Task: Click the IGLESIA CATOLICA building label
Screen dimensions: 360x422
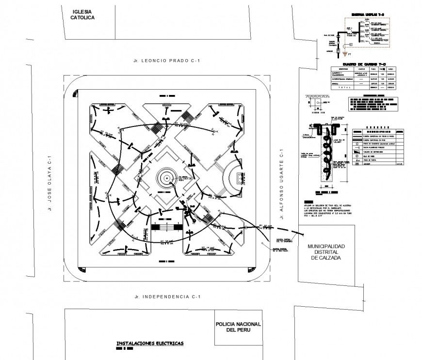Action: [x=81, y=15]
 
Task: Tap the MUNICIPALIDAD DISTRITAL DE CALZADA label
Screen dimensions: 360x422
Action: [x=326, y=252]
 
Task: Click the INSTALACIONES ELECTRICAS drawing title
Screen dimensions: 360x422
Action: [x=150, y=343]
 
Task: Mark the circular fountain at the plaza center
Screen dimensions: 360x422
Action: [x=166, y=179]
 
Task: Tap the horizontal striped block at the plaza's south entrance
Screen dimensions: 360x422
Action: [x=166, y=227]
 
